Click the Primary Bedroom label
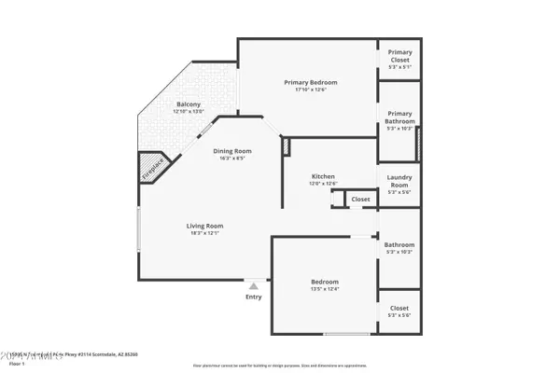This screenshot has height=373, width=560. pos(311,82)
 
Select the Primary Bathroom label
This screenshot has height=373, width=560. pos(399,117)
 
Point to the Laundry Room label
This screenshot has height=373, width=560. pos(399,179)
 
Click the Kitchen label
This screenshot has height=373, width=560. pos(323,175)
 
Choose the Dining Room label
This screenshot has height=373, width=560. pos(232,150)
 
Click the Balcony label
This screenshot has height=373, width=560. pos(189,104)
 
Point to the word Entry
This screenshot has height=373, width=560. pos(253,297)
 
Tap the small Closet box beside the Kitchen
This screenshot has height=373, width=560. pos(360,199)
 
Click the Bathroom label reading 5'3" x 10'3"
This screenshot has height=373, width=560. pos(399,245)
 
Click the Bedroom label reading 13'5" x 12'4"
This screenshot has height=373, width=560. pos(325,282)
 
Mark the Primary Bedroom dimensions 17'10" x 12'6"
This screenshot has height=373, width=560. pos(311,90)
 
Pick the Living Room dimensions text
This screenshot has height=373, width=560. pos(204,233)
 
